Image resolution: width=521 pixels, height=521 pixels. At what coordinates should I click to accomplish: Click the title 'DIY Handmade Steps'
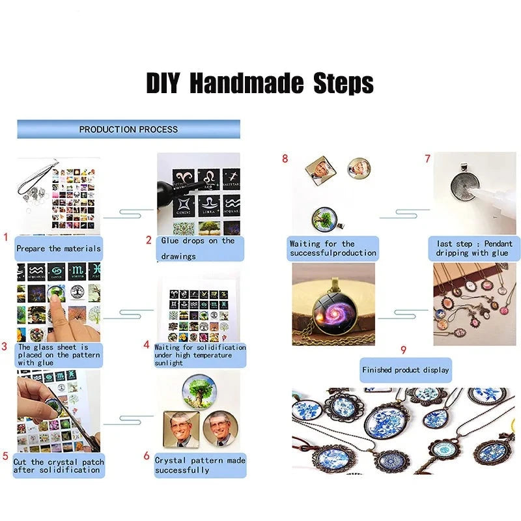click(260, 83)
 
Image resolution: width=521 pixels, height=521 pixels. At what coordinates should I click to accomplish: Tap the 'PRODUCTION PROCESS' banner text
click(128, 129)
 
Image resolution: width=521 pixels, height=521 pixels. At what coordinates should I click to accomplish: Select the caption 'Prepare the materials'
click(59, 249)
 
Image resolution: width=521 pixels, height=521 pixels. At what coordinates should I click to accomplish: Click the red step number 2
click(148, 240)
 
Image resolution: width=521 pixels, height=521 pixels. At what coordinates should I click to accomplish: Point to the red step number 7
click(428, 159)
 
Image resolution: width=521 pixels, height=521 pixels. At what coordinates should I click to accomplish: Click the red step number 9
click(403, 350)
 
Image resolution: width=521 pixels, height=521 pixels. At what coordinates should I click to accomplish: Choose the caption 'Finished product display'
click(405, 370)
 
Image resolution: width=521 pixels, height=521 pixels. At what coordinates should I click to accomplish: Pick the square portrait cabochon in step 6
click(182, 429)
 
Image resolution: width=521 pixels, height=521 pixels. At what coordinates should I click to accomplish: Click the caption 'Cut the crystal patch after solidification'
click(59, 466)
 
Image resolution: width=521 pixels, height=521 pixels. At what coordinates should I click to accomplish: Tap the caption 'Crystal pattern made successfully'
click(200, 465)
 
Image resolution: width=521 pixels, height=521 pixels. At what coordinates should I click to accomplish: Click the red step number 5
click(5, 456)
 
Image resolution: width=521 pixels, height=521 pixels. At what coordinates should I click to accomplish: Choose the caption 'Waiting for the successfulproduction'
click(333, 248)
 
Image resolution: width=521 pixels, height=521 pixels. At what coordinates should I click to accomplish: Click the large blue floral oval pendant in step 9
click(387, 421)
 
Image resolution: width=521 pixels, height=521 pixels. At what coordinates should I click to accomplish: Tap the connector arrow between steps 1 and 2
click(128, 214)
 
